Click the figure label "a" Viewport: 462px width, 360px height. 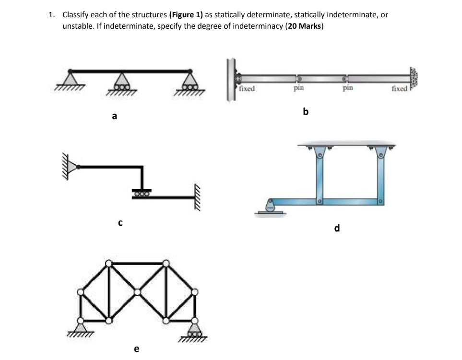tap(114, 116)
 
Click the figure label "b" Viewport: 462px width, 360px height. tap(306, 112)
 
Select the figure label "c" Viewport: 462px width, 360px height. tap(120, 222)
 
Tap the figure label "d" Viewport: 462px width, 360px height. tap(337, 228)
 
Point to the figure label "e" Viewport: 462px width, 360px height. tap(137, 349)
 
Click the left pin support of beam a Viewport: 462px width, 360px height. tap(70, 79)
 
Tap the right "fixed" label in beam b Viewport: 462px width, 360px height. tap(399, 89)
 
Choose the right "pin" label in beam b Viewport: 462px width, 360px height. tap(348, 88)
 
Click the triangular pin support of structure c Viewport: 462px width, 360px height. tap(72, 166)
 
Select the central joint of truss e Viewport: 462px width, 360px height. tap(137, 292)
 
